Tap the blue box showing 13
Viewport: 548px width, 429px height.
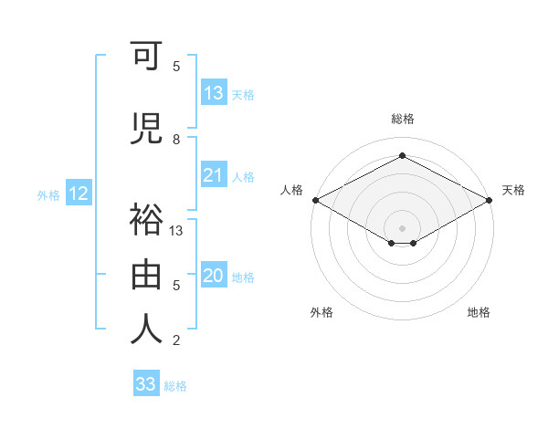(x=214, y=93)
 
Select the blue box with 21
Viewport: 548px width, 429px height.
(x=214, y=175)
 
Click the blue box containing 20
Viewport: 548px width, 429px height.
(x=214, y=277)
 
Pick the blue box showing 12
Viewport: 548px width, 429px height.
(x=78, y=194)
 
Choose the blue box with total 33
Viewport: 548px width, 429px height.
(x=146, y=384)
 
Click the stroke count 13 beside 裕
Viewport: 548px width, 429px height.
(x=176, y=231)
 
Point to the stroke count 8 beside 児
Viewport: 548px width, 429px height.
(x=176, y=140)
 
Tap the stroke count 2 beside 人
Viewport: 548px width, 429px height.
(x=176, y=340)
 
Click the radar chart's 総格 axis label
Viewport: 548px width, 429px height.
(x=402, y=119)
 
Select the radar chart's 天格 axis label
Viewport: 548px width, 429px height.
(x=513, y=190)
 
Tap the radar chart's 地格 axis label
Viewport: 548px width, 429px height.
(x=479, y=312)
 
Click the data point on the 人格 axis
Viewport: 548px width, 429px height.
(x=315, y=200)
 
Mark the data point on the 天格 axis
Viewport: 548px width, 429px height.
(x=490, y=200)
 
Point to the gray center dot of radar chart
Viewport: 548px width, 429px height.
(x=402, y=227)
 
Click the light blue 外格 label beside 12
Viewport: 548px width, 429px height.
(x=48, y=194)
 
